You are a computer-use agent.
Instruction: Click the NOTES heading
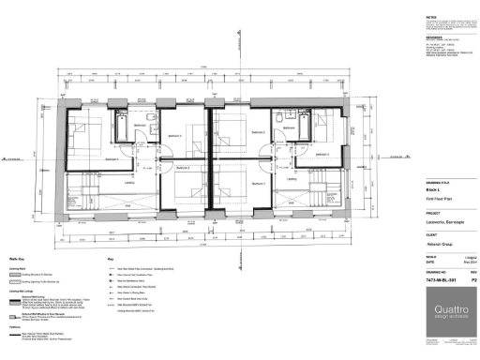(404, 17)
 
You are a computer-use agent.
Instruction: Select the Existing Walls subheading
(16, 267)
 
